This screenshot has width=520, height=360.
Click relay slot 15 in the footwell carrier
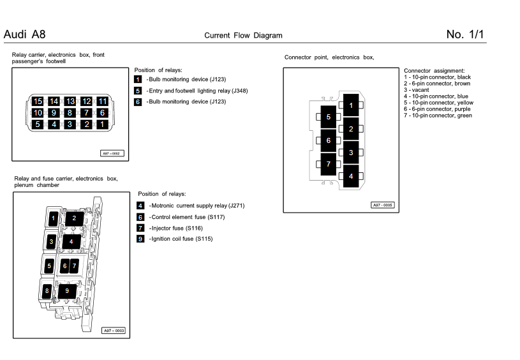38,101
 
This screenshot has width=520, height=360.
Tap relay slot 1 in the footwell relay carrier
101,124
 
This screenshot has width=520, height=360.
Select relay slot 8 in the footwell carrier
70,113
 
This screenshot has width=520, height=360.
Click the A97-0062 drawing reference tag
110,153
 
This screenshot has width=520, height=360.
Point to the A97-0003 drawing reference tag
114,331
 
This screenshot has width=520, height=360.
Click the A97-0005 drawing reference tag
383,205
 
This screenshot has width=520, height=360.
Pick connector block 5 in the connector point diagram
329,117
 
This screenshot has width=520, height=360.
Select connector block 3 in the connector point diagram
351,153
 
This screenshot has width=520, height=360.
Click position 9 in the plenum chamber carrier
67,291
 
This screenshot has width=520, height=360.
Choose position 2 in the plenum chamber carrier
74,218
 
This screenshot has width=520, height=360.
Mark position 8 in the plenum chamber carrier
47,291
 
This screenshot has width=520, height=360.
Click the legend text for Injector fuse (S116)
175,228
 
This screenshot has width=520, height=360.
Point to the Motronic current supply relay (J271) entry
197,206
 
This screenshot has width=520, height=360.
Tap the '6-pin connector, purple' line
438,109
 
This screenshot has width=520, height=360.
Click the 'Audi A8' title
24,34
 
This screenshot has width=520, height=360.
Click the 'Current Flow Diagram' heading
243,36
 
